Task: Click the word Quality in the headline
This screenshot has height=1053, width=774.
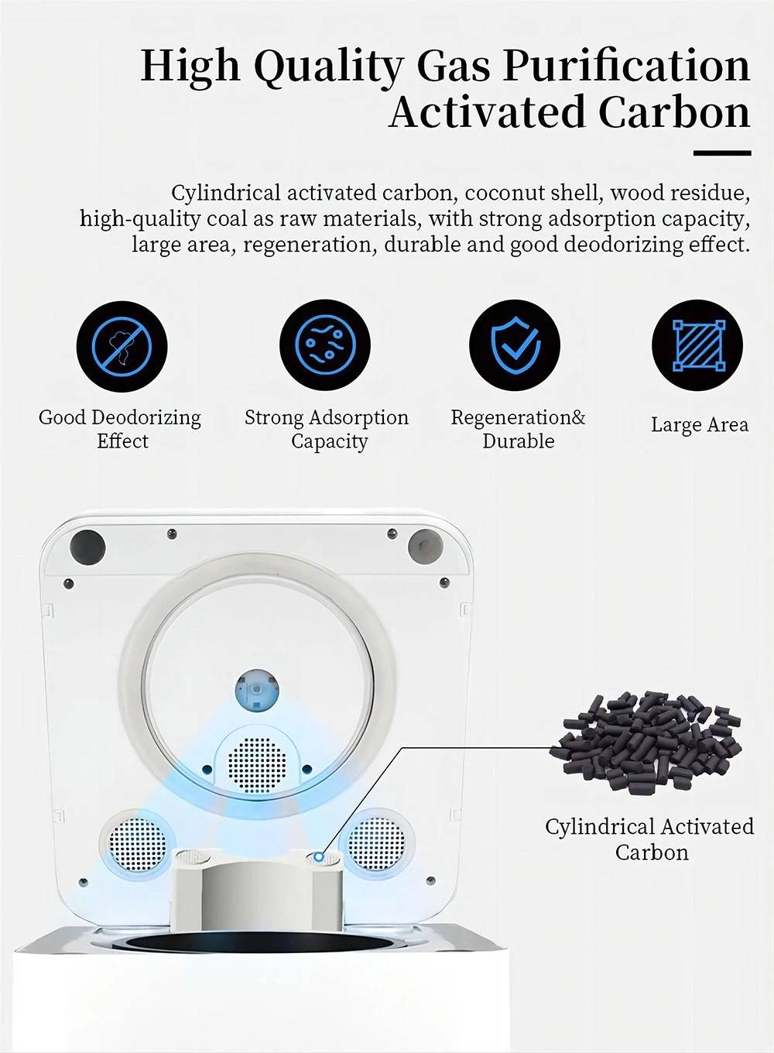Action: (x=328, y=67)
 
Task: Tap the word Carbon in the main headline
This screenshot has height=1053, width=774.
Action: (x=674, y=111)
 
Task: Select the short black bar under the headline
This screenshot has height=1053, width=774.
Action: (x=722, y=153)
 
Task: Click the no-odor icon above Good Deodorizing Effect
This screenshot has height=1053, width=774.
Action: (x=122, y=346)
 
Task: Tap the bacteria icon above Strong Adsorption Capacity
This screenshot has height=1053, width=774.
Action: (x=325, y=345)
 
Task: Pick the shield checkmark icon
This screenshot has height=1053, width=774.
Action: (x=515, y=345)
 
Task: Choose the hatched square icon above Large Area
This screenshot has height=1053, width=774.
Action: (x=697, y=345)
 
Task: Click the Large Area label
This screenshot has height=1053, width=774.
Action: (x=699, y=424)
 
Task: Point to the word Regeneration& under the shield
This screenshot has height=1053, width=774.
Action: (x=518, y=417)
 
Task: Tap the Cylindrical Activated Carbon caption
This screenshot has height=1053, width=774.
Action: (x=649, y=839)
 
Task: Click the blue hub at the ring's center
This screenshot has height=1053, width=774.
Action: (x=257, y=691)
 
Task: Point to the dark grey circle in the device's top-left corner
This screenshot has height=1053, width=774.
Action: (x=87, y=547)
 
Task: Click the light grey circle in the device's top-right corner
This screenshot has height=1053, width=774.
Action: (x=425, y=547)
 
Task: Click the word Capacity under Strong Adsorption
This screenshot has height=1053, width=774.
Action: (x=329, y=441)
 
